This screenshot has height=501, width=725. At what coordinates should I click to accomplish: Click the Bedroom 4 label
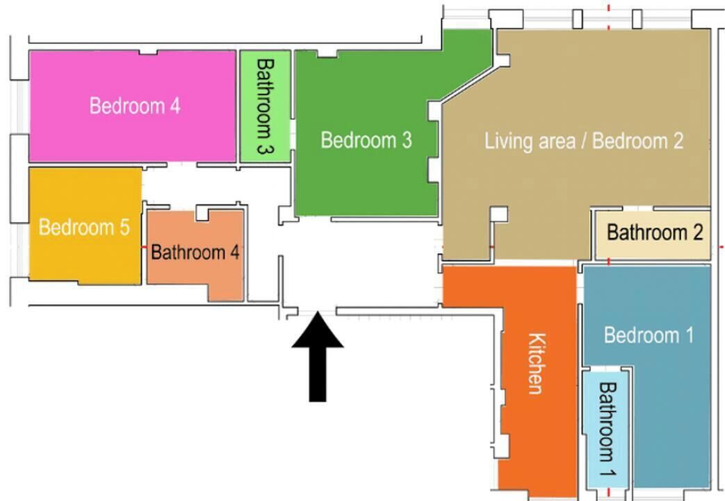135,106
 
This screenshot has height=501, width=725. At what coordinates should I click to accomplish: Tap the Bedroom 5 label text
84,228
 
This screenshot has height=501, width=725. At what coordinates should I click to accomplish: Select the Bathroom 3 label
265,106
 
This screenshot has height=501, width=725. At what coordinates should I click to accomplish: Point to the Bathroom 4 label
195,253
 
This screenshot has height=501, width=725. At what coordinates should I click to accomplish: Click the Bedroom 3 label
366,140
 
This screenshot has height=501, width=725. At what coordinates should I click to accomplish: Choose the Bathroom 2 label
655,232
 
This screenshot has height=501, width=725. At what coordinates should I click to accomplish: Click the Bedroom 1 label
649,335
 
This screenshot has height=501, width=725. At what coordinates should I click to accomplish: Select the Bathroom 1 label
608,429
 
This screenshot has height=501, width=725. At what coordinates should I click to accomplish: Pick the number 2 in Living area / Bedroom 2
678,141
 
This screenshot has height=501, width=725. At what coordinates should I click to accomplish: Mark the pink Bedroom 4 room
133,106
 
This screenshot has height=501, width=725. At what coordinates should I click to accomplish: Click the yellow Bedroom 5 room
85,225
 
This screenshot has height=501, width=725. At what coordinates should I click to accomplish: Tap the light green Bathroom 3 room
266,106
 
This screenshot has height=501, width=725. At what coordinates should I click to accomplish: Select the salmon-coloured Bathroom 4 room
195,255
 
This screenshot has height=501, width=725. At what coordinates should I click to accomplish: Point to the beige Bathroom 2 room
653,234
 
